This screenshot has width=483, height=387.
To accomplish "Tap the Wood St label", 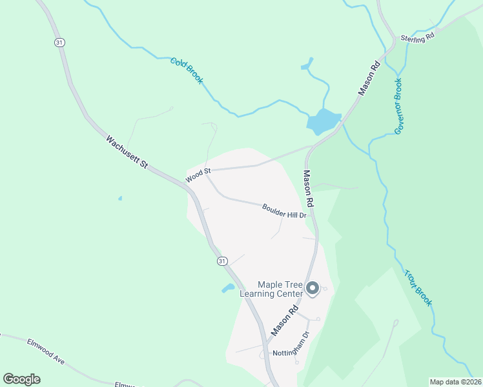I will pyautogui.click(x=198, y=174).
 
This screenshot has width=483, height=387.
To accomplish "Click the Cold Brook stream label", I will pyautogui.click(x=187, y=70).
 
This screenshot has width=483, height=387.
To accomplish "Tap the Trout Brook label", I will pyautogui.click(x=418, y=287).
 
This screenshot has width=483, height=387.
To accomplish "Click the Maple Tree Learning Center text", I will pyautogui.click(x=271, y=289).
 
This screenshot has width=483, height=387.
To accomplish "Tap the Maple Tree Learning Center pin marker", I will pyautogui.click(x=313, y=288).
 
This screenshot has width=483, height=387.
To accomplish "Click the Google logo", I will pyautogui.click(x=21, y=379).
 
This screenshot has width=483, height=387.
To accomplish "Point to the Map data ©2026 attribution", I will pyautogui.click(x=455, y=382).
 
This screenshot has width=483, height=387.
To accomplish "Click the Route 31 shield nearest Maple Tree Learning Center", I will pyautogui.click(x=222, y=261).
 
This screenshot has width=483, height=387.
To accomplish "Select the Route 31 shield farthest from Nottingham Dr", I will pyautogui.click(x=59, y=42).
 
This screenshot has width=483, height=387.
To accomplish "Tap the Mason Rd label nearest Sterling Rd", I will pyautogui.click(x=368, y=79).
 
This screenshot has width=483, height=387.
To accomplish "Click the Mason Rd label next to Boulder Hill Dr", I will pyautogui.click(x=309, y=188).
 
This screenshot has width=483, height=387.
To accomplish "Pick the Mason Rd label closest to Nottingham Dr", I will pyautogui.click(x=284, y=320).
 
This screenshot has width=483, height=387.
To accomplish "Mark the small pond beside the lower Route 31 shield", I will pyautogui.click(x=228, y=288).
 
